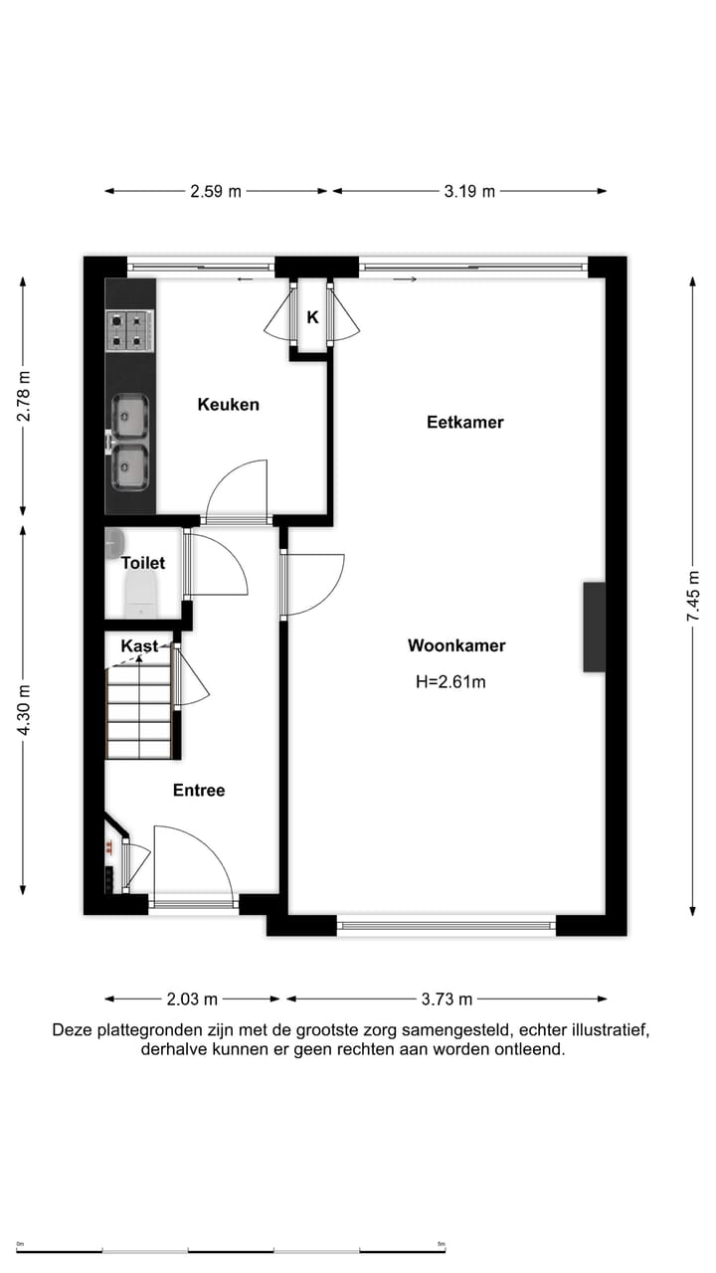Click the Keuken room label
[x=228, y=404]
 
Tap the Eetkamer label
[x=465, y=422]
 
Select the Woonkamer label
[x=456, y=645]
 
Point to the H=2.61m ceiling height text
[x=450, y=682]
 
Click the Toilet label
[x=143, y=563]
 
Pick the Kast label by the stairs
[x=138, y=646]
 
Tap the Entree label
[x=199, y=791]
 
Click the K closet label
[x=312, y=318]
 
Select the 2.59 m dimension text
[x=216, y=191]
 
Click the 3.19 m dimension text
[x=469, y=191]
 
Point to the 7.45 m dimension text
[x=693, y=602]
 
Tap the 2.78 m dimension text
[x=24, y=396]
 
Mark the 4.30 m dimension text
[x=24, y=709]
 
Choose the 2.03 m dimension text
[x=193, y=999]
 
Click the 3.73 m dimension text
[x=447, y=999]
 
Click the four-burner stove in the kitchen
[x=130, y=330]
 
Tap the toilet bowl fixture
[x=139, y=595]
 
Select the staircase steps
[x=139, y=711]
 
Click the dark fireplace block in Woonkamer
[x=594, y=627]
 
